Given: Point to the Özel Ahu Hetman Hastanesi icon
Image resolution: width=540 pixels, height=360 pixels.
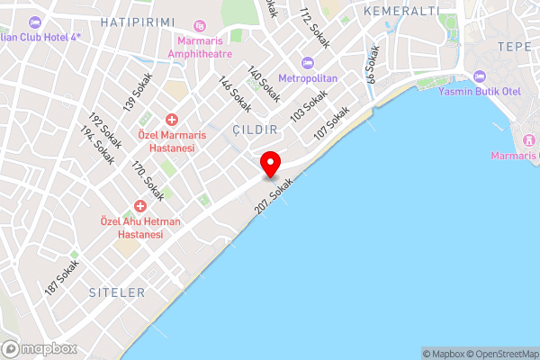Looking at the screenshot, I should (139, 207).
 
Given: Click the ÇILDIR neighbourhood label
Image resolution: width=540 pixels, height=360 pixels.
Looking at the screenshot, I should (252, 130).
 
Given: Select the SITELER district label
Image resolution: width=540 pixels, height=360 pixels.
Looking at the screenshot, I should (117, 292).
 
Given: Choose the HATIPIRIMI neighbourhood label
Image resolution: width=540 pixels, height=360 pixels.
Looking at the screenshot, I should (136, 21).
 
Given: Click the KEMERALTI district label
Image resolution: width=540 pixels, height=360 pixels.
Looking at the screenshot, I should (401, 11).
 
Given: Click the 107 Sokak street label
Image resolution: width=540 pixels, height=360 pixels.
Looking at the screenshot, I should (331, 123).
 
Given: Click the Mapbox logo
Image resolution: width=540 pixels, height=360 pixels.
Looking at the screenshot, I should (39, 348).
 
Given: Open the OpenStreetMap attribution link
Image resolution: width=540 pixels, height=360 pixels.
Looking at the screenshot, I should (504, 354).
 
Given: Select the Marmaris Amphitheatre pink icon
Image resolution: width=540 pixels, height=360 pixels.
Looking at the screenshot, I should (200, 27).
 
